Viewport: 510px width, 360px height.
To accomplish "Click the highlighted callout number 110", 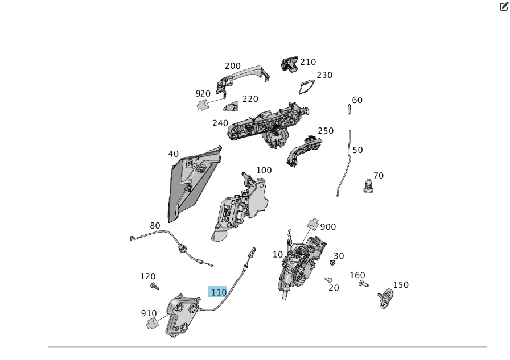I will click(x=219, y=292).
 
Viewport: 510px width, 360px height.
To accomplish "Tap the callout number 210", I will click(x=308, y=62).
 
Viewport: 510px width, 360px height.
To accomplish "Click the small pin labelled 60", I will click(x=349, y=109).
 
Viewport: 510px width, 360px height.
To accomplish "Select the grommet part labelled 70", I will click(x=369, y=186).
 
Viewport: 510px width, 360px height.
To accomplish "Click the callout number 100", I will click(x=264, y=171).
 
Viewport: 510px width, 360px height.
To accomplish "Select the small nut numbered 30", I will click(x=332, y=262).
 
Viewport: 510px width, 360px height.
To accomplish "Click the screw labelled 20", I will click(x=328, y=279).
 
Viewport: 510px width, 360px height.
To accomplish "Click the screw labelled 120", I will click(x=154, y=286).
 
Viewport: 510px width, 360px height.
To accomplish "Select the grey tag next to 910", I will click(x=152, y=324).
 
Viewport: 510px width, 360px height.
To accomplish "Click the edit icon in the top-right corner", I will click(x=504, y=7).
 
